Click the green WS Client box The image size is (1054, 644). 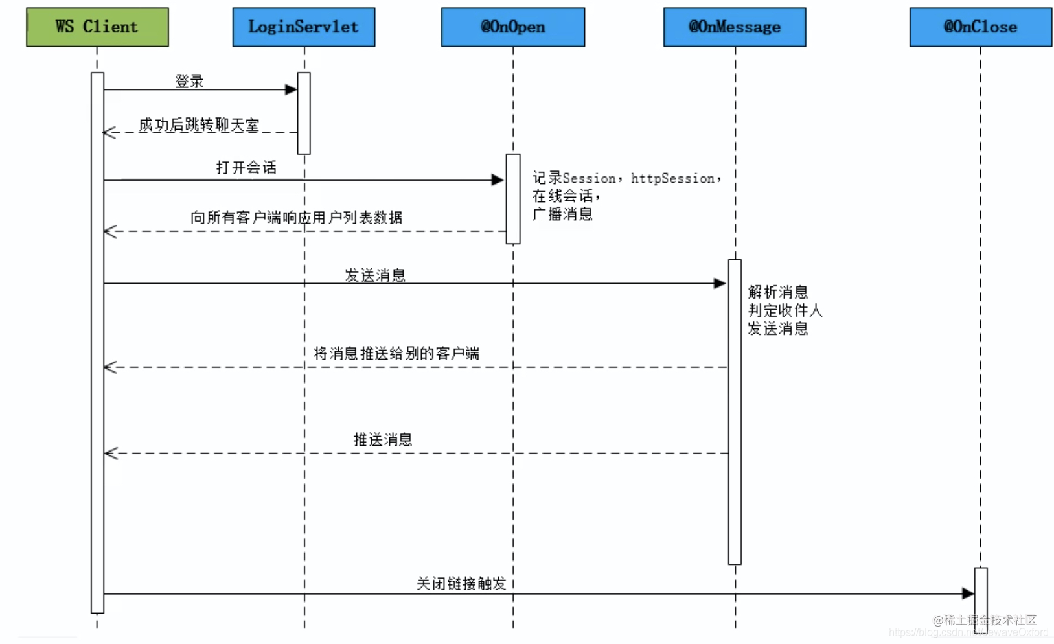pos(97,27)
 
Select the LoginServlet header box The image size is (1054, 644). pos(303,27)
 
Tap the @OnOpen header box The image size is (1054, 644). pos(512,27)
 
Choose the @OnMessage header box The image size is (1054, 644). pos(735,27)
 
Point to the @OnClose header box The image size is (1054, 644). pos(980,27)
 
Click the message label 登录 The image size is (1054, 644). pos(189,81)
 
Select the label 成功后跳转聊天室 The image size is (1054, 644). pos(199,124)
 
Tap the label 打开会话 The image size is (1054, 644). pos(246,168)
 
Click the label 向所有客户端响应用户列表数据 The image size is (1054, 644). pos(296,218)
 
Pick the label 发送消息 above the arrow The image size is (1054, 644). pos(375,275)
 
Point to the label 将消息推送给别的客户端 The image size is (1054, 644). pos(396,353)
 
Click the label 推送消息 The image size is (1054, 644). pos(383,440)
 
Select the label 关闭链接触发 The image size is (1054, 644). pos(461,584)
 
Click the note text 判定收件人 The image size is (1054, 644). pos(785,310)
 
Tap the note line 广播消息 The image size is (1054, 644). pos(562,214)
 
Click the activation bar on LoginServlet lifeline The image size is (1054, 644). pos(304,113)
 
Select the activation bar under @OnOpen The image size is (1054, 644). pos(512,199)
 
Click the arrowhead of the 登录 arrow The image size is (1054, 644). pos(291,89)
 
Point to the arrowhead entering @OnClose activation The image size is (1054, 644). pos(968,593)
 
